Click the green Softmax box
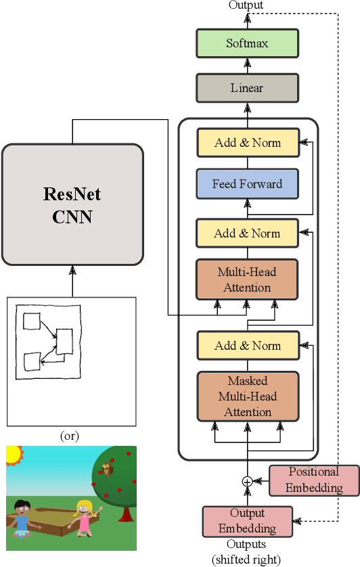click(x=247, y=43)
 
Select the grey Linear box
click(x=247, y=88)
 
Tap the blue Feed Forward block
click(x=247, y=183)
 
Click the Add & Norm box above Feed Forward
click(x=247, y=143)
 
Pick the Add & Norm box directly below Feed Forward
click(x=247, y=233)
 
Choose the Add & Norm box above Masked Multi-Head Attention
click(x=247, y=346)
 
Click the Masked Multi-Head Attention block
click(x=247, y=396)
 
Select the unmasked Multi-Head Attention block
click(x=247, y=280)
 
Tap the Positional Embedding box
click(x=313, y=480)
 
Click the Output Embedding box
click(x=247, y=520)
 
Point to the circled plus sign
click(x=247, y=481)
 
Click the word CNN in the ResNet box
click(x=72, y=218)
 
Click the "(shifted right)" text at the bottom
click(x=246, y=559)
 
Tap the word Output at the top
click(x=246, y=5)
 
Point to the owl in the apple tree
click(x=106, y=469)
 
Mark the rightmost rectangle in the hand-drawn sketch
click(x=65, y=341)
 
